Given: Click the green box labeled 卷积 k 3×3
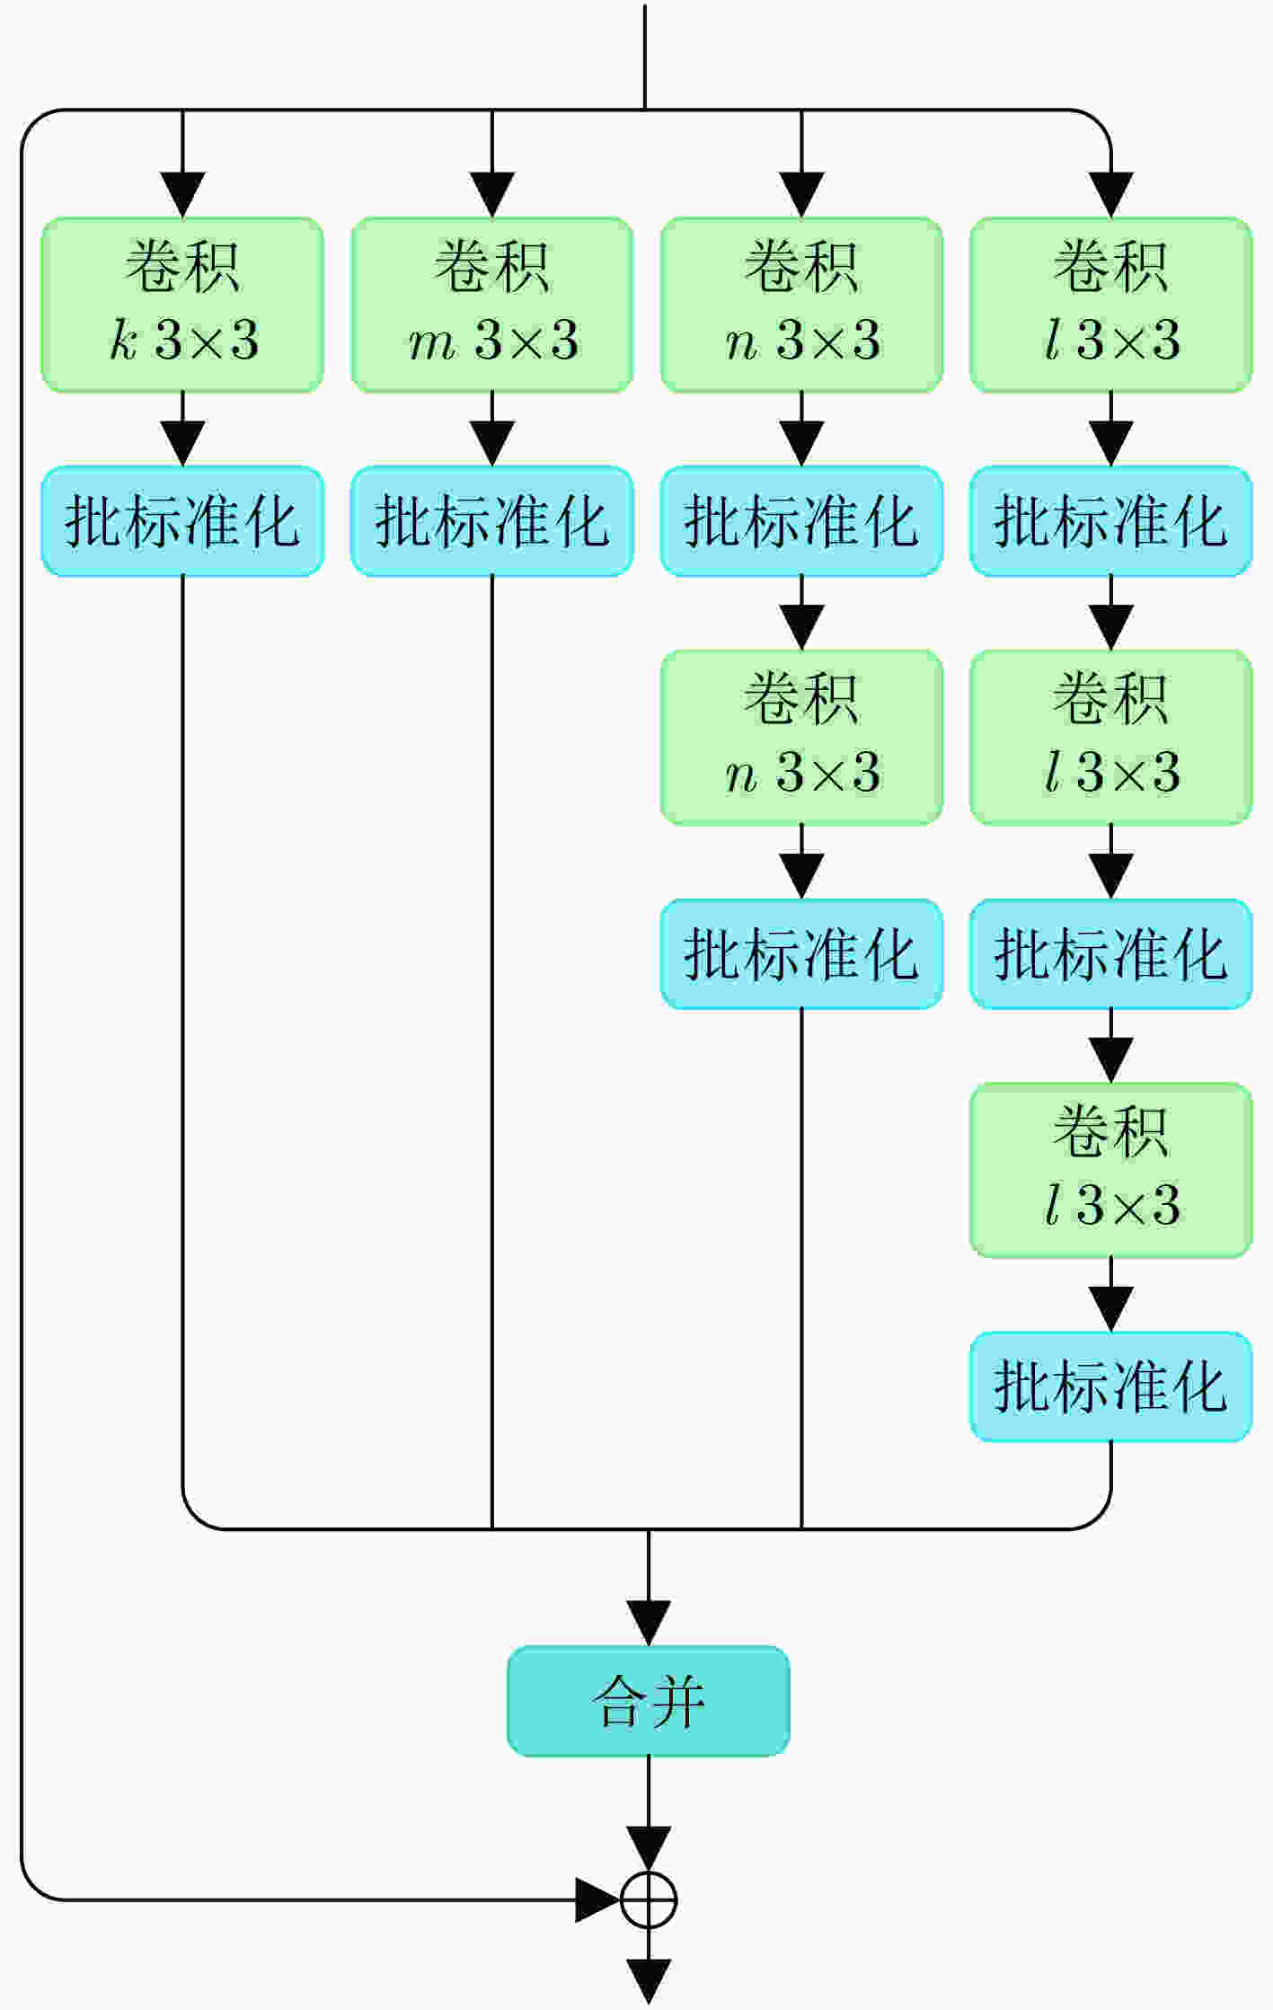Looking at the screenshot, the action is click(182, 305).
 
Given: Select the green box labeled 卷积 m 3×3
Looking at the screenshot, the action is click(492, 305).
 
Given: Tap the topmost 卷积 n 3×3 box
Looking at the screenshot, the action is click(801, 305).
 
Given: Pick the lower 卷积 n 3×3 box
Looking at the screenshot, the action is click(801, 737).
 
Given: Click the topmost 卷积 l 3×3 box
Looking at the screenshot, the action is click(1111, 305).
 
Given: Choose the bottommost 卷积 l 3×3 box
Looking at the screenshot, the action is click(1111, 1170).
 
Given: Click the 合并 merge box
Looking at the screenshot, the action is click(649, 1701).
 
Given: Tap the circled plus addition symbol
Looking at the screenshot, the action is click(649, 1899).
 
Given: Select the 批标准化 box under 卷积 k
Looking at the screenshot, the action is click(182, 521).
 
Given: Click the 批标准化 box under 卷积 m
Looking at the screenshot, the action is click(492, 521).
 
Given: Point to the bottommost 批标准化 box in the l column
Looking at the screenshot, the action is click(1111, 1386).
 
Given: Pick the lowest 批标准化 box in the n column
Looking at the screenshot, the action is click(801, 953).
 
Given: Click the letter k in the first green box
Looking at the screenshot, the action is click(124, 341).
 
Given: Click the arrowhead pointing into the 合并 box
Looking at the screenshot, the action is click(649, 1623).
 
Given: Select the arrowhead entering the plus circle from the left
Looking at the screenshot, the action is click(598, 1899).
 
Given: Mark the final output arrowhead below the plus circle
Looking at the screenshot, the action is click(649, 1981).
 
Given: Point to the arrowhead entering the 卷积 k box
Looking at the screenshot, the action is click(182, 195).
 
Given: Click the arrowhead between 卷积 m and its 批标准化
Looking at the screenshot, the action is click(492, 444).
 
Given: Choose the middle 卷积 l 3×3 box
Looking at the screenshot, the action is click(1111, 737).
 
